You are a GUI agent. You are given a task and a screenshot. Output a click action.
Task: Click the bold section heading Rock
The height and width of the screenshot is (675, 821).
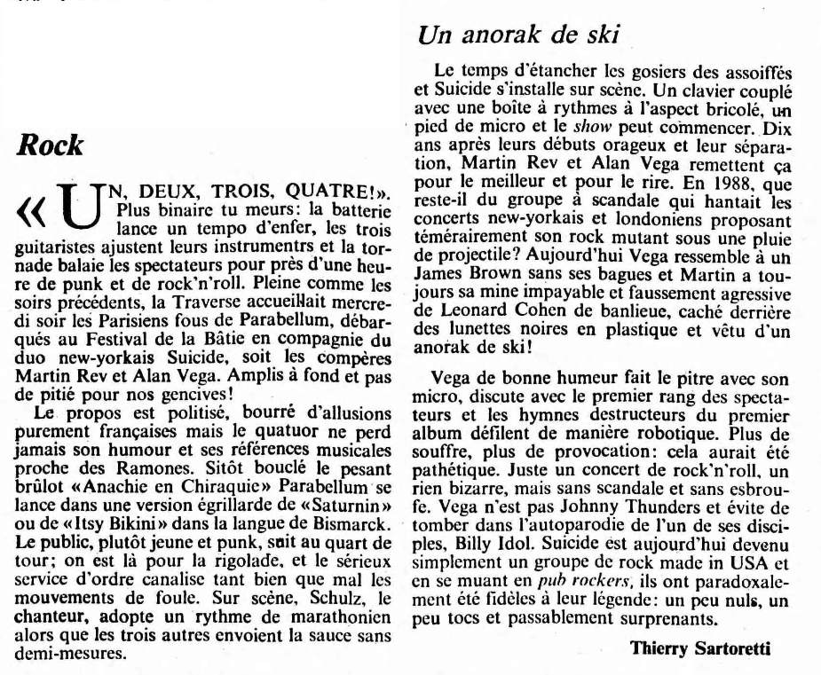(x=51, y=145)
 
